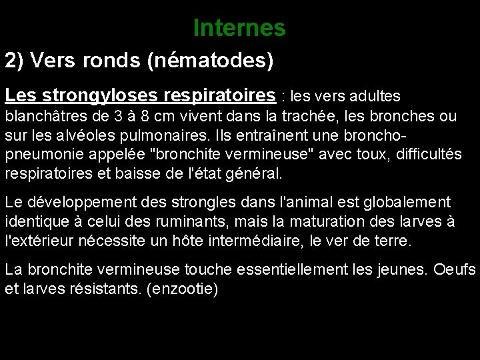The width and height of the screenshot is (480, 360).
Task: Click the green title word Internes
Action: click(x=239, y=28)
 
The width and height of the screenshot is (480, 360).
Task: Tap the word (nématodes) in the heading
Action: click(x=211, y=61)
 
